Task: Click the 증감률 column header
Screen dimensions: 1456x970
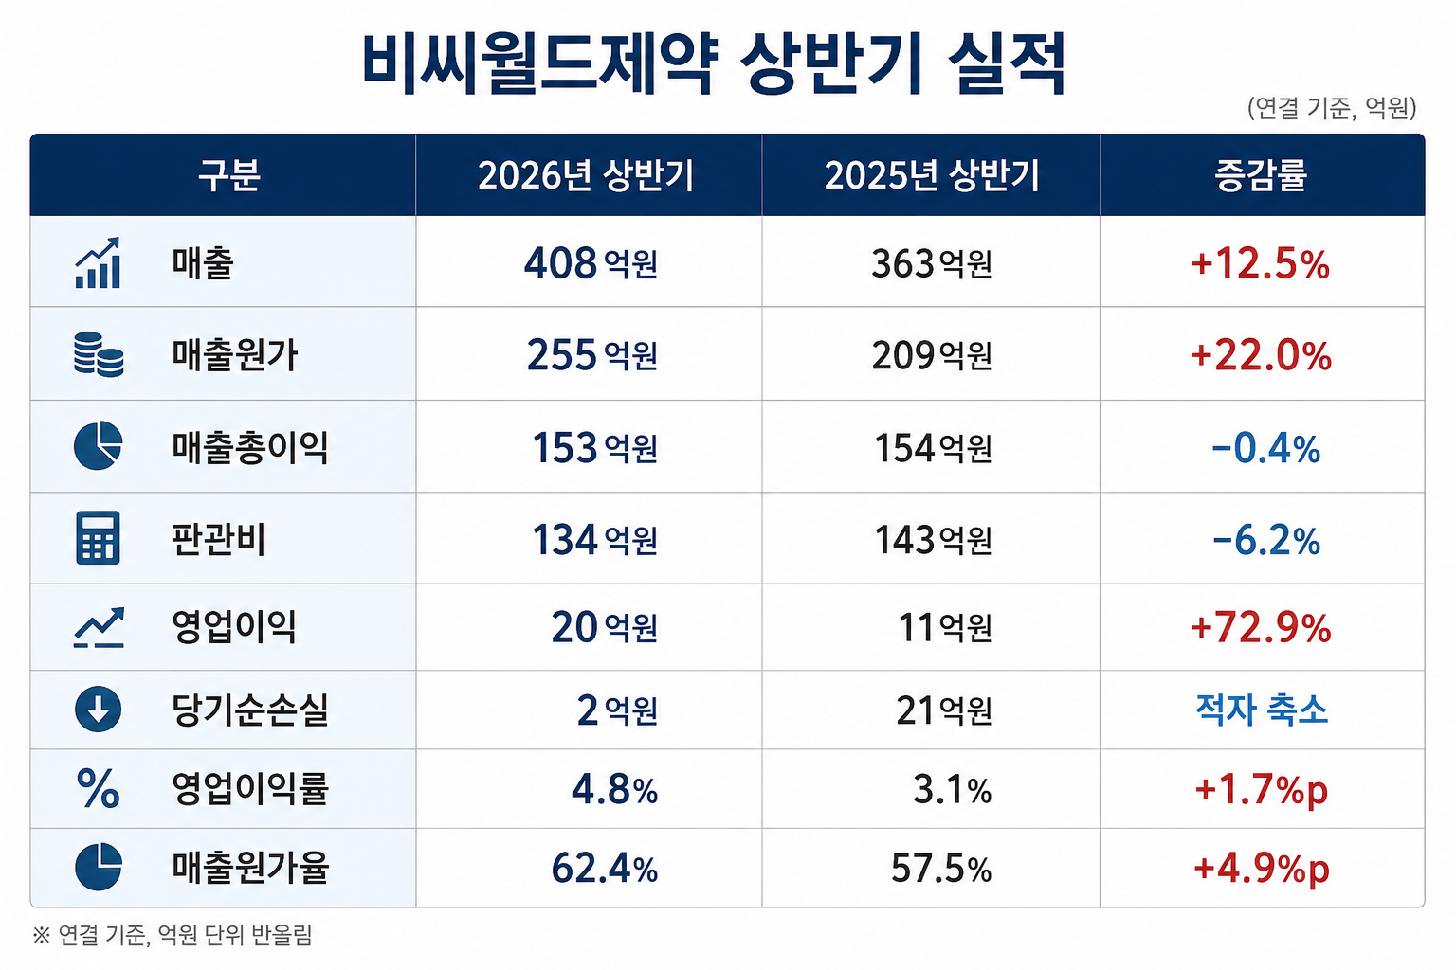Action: tap(1261, 175)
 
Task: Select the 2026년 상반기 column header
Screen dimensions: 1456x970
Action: tap(587, 175)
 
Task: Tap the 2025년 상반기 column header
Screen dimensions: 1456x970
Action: tap(932, 175)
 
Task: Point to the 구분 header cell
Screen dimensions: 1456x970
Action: tap(228, 175)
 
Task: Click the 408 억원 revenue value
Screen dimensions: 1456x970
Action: tap(591, 263)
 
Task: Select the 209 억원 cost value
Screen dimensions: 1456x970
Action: tap(932, 355)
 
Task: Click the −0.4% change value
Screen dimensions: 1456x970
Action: tap(1266, 448)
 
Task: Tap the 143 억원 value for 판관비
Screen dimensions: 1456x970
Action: tap(934, 539)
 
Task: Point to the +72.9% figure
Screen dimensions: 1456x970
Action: tap(1261, 628)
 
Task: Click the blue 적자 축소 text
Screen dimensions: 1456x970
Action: tap(1261, 710)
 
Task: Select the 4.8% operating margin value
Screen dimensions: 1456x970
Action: tap(615, 790)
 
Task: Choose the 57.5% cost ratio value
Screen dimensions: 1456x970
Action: tap(941, 869)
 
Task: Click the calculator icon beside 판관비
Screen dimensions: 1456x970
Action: tap(99, 538)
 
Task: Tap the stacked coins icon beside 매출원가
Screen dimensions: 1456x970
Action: tap(99, 354)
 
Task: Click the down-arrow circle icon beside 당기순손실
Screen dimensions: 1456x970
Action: tap(99, 709)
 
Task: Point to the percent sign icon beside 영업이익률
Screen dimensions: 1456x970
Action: tap(99, 788)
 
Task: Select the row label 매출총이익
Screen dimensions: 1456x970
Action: tap(250, 448)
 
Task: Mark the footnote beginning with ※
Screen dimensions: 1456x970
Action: tap(173, 936)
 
